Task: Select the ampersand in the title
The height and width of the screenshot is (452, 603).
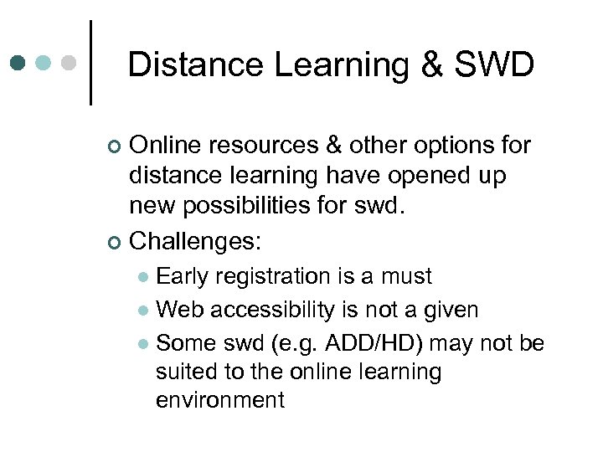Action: [x=432, y=64]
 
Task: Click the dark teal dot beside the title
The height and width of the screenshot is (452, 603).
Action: [x=18, y=63]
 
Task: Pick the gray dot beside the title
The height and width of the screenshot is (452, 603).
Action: [x=70, y=63]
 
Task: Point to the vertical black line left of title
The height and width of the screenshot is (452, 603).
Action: [x=90, y=63]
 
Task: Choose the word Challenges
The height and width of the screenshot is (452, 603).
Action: [x=195, y=242]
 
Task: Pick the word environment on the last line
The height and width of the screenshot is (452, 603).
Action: [x=220, y=400]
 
